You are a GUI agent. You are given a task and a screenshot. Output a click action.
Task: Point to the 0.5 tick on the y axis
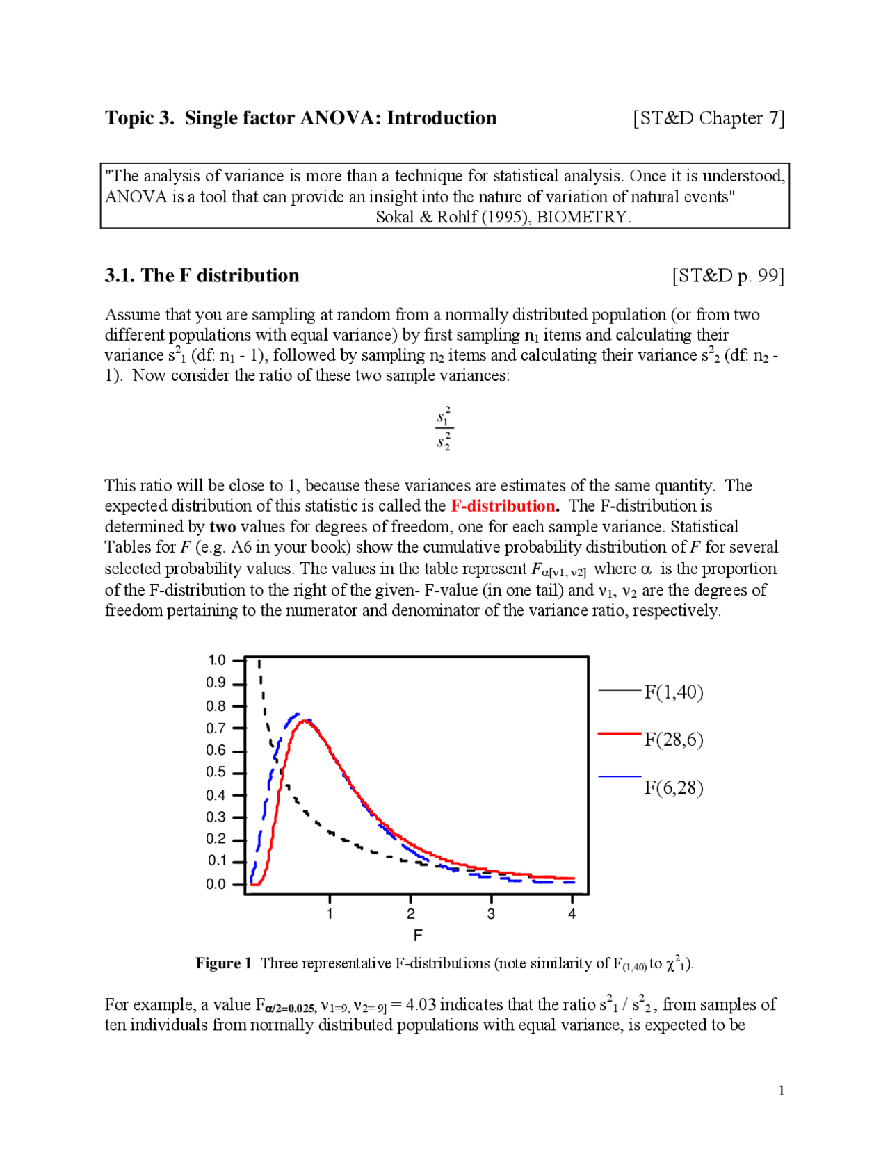238,773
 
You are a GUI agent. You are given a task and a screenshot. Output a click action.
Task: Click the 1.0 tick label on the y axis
217,660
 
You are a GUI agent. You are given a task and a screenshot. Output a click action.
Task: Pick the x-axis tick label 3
491,914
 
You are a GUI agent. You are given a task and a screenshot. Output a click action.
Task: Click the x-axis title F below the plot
418,936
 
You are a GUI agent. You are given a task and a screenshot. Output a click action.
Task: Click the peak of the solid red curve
305,721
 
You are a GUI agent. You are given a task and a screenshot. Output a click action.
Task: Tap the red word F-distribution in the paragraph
503,506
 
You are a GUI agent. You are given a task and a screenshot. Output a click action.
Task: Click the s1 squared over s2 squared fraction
444,429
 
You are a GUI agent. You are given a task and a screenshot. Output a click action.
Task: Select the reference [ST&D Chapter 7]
709,118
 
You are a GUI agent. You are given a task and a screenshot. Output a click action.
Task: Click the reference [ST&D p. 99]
727,276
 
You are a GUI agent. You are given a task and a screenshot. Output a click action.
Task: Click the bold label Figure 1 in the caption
223,963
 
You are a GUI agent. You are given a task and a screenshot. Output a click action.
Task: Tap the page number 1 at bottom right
782,1091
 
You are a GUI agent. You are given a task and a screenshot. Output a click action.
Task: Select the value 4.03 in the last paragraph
420,1005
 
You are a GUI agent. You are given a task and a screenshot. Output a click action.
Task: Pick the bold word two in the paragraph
222,527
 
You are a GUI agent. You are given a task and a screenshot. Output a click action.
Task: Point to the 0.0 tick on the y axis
238,885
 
